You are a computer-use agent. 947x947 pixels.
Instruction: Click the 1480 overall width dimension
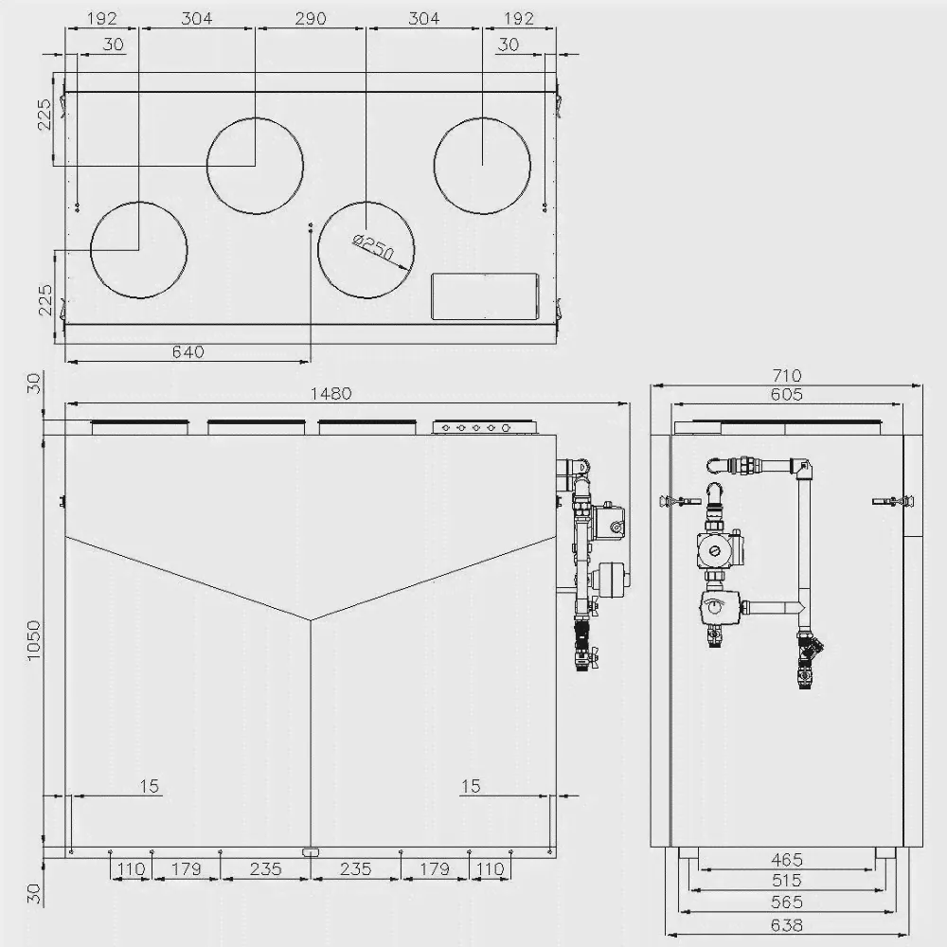331,394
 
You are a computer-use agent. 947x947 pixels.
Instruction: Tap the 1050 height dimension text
34,640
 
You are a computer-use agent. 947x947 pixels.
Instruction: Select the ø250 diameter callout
373,246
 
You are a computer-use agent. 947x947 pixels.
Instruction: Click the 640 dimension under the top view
188,351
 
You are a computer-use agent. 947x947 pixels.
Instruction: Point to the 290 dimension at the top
311,19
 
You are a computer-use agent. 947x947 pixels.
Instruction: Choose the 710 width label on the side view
786,376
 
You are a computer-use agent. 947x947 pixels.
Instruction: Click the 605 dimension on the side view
786,394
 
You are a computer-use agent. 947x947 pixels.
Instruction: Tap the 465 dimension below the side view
786,859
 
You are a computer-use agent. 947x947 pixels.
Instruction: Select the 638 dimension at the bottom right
786,924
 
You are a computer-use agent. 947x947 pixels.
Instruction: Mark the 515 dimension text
786,880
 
